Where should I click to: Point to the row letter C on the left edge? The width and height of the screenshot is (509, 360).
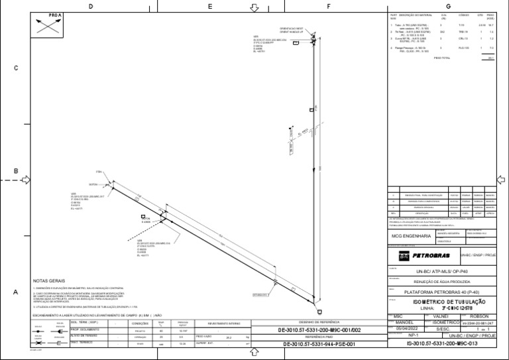click(x=15, y=68)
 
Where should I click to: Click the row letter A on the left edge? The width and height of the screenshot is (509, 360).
click(x=15, y=292)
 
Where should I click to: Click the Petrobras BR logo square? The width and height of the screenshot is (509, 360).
click(x=404, y=255)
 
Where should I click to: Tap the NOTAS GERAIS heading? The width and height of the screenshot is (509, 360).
click(x=50, y=281)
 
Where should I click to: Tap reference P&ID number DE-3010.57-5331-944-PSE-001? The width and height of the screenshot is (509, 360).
click(x=319, y=344)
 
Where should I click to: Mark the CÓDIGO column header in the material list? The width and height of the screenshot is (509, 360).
click(x=464, y=15)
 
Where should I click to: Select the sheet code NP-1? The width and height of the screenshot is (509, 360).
click(x=398, y=336)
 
